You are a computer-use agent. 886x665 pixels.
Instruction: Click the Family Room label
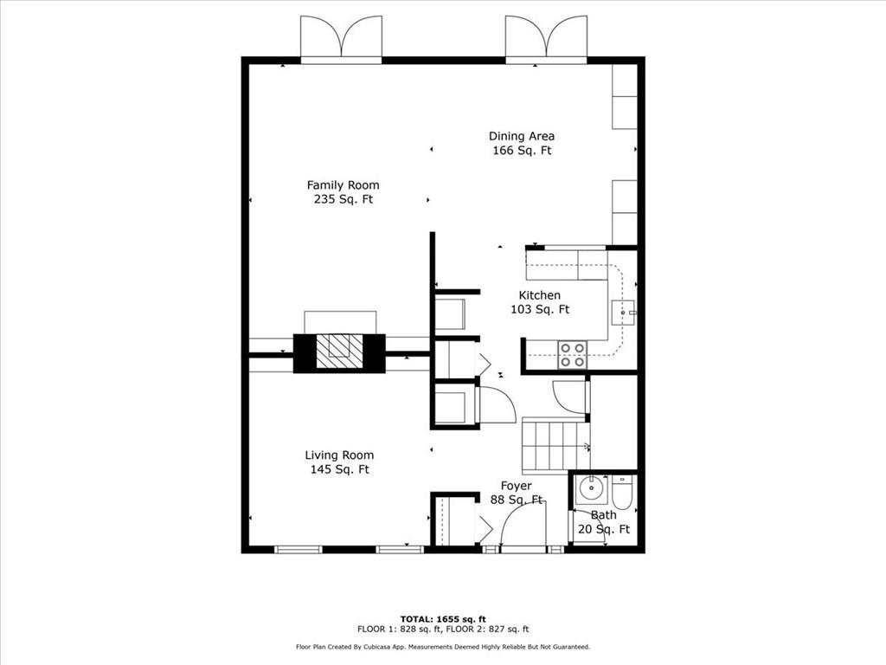tap(343, 184)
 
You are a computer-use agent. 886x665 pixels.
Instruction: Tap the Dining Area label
tap(521, 136)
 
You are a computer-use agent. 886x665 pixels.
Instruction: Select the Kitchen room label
tap(539, 295)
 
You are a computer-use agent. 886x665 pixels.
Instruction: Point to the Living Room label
tap(339, 455)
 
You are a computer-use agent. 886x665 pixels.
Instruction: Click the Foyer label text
tap(517, 486)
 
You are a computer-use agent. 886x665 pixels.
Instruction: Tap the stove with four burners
tap(572, 355)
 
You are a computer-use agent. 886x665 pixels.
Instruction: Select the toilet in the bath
tap(622, 494)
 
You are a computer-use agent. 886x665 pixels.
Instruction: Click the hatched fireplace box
tap(339, 352)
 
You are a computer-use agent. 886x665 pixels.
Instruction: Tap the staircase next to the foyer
tap(555, 445)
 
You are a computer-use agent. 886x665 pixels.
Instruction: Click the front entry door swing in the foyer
tap(524, 526)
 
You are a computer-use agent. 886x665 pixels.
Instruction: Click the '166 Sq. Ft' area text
tap(521, 151)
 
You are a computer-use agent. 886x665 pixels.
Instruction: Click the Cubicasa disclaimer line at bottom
tap(442, 647)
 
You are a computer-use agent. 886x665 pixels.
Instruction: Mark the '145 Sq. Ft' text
tap(339, 469)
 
